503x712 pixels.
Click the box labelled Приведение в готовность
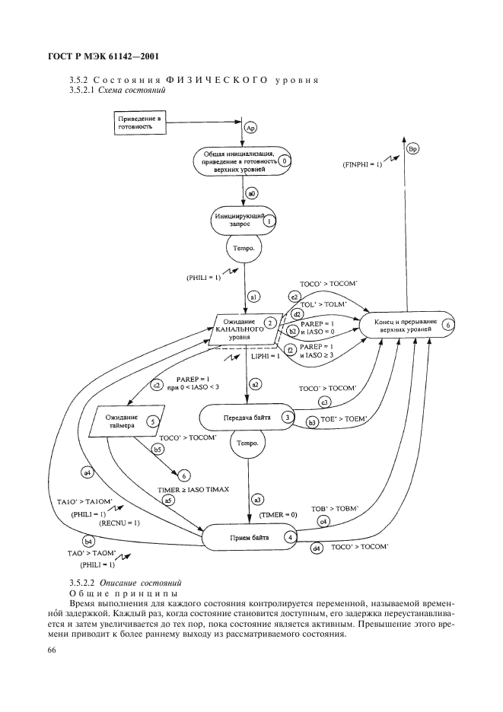(140, 123)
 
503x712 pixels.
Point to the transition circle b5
(159, 450)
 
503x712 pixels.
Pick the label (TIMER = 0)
(279, 515)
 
